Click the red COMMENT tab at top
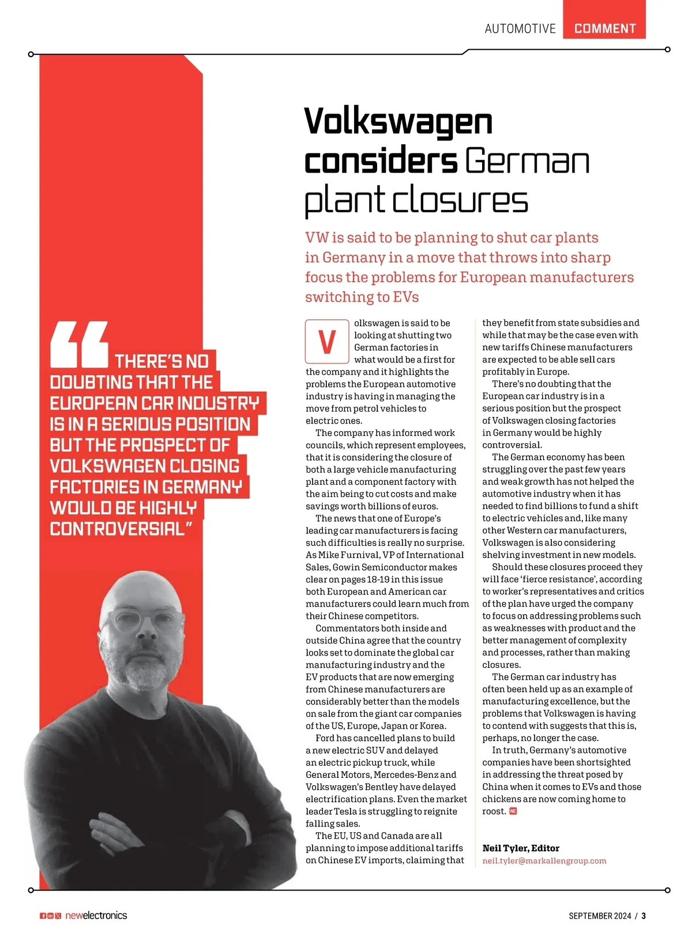pos(604,28)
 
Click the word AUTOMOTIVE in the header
pos(520,29)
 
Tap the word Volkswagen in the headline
pos(398,122)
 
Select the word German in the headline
pos(527,161)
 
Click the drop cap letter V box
pos(327,341)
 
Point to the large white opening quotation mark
pos(80,344)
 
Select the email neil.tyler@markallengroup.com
pos(544,860)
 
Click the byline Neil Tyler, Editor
pos(521,848)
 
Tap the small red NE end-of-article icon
pos(513,811)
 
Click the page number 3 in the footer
pos(644,916)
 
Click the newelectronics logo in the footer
pos(96,915)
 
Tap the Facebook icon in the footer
pos(43,916)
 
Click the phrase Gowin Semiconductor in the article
pos(388,567)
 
